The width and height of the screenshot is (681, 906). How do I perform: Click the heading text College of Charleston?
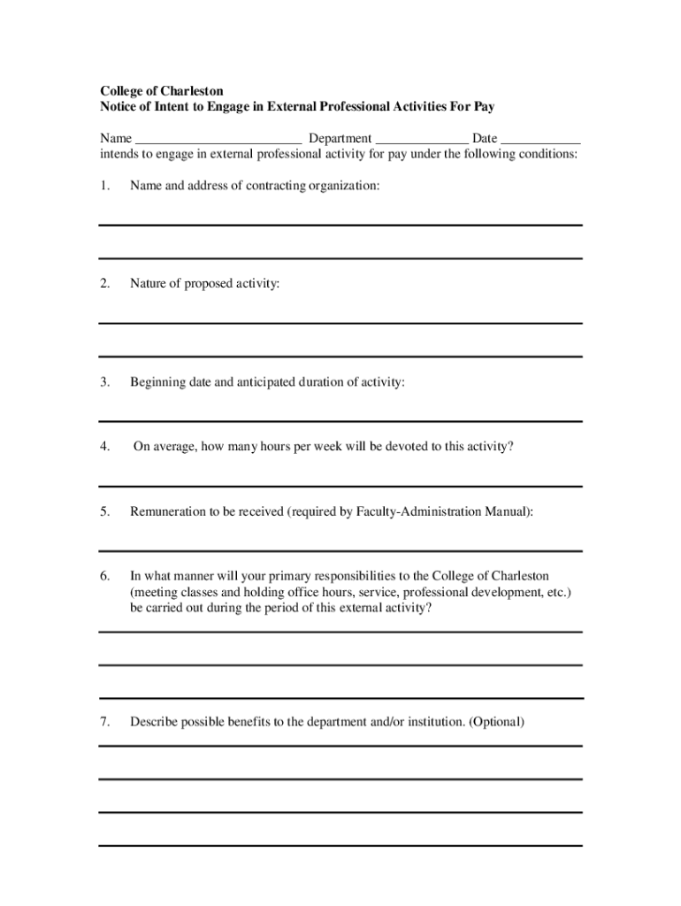161,91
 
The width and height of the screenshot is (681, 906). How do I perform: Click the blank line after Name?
218,140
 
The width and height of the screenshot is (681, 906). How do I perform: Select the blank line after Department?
422,140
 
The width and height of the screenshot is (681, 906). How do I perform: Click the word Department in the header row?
340,139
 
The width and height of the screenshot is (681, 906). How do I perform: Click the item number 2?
104,284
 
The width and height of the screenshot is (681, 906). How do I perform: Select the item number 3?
104,382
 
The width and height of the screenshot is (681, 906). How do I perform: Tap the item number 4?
104,447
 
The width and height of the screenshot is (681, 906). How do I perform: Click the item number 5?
104,511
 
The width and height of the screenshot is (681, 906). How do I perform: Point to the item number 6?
104,576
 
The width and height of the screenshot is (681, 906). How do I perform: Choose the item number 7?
104,722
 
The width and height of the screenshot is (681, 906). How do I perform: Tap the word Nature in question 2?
149,284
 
